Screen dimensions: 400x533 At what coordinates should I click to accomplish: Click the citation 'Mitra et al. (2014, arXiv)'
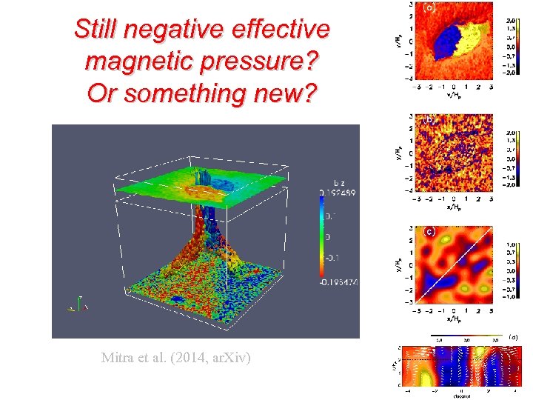point(176,358)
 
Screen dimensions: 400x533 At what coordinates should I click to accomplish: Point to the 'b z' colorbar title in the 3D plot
point(338,182)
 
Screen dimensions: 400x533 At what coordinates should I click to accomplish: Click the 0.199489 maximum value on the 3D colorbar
point(338,193)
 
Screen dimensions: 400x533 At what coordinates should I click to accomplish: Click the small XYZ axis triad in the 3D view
point(78,304)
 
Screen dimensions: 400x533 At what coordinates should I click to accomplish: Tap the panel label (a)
point(429,9)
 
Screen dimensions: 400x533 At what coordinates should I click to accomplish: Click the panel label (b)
point(429,119)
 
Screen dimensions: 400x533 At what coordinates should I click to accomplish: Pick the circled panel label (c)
point(429,231)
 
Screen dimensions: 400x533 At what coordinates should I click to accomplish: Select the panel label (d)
point(514,336)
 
